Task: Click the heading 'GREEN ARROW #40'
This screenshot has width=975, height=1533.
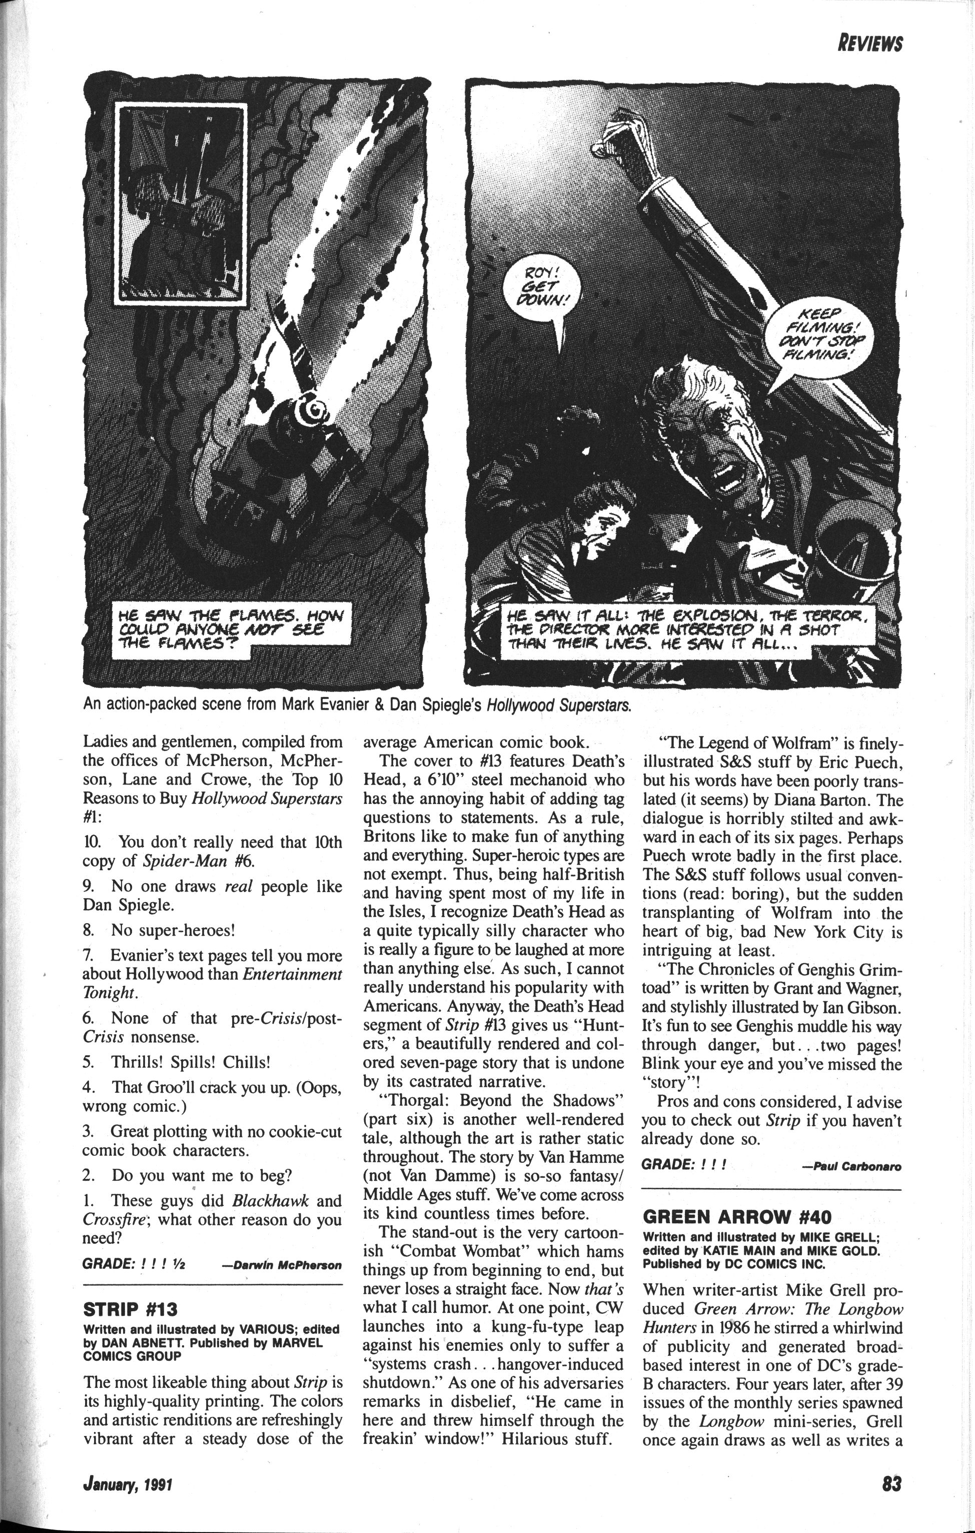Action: point(737,1217)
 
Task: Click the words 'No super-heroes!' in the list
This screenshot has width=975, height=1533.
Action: point(173,930)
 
